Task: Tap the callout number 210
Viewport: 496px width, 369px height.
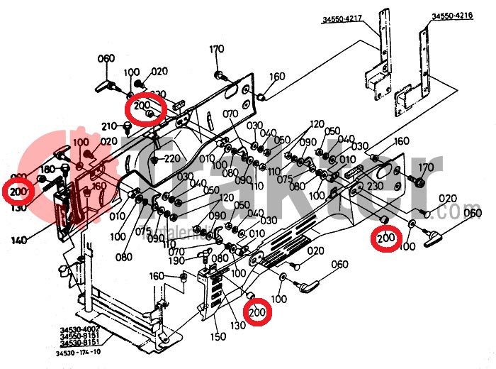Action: (x=108, y=126)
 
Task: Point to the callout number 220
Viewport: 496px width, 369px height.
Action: (x=171, y=158)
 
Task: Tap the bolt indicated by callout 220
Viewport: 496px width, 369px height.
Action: (x=155, y=159)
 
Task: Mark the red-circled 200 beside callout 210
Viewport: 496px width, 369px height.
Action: (x=145, y=109)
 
